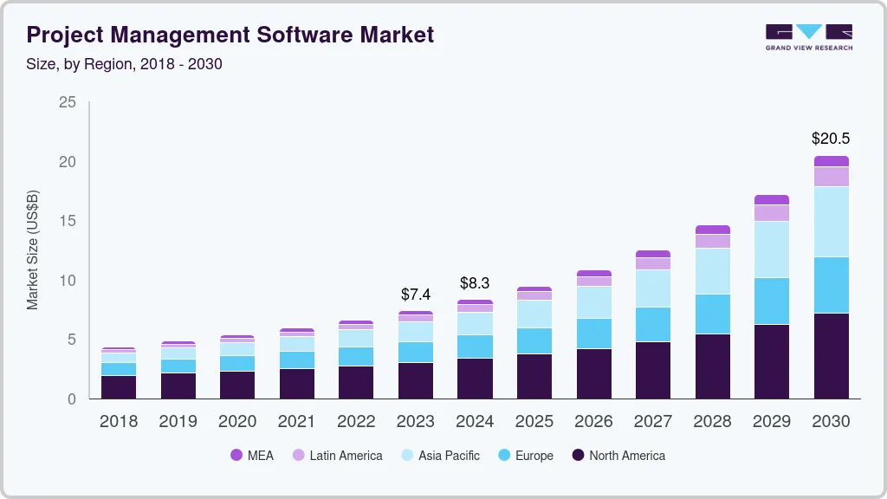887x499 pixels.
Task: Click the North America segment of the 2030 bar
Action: tap(831, 355)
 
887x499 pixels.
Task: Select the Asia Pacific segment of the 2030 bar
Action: tap(831, 222)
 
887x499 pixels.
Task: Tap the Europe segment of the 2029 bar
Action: tap(772, 301)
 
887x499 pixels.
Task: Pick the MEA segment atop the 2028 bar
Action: tap(712, 230)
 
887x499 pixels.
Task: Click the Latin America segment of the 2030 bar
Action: tap(831, 177)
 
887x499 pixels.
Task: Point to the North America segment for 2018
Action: tap(118, 386)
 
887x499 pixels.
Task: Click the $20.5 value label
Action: tap(830, 138)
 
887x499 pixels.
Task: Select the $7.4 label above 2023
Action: tap(415, 295)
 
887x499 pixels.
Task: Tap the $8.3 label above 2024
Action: tap(475, 282)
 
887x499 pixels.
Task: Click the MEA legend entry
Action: tap(252, 455)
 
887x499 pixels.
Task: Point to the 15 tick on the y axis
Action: tap(68, 221)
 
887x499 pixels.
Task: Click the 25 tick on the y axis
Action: tap(68, 102)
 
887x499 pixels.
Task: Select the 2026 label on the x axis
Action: tap(593, 421)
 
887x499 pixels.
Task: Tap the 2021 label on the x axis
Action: tap(296, 421)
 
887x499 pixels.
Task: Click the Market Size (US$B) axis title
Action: tap(33, 249)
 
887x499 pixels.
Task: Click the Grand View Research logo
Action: tap(808, 36)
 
